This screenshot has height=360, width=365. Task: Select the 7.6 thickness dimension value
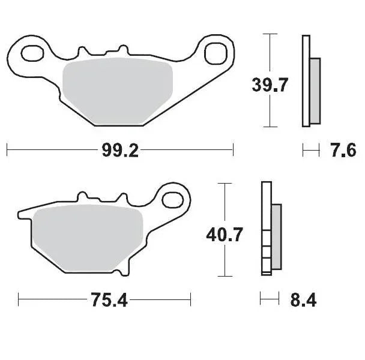click(x=343, y=150)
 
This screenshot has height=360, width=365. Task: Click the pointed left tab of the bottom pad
click(x=23, y=213)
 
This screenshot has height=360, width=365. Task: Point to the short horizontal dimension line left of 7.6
click(x=311, y=149)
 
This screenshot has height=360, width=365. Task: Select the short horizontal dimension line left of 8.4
click(x=269, y=298)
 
